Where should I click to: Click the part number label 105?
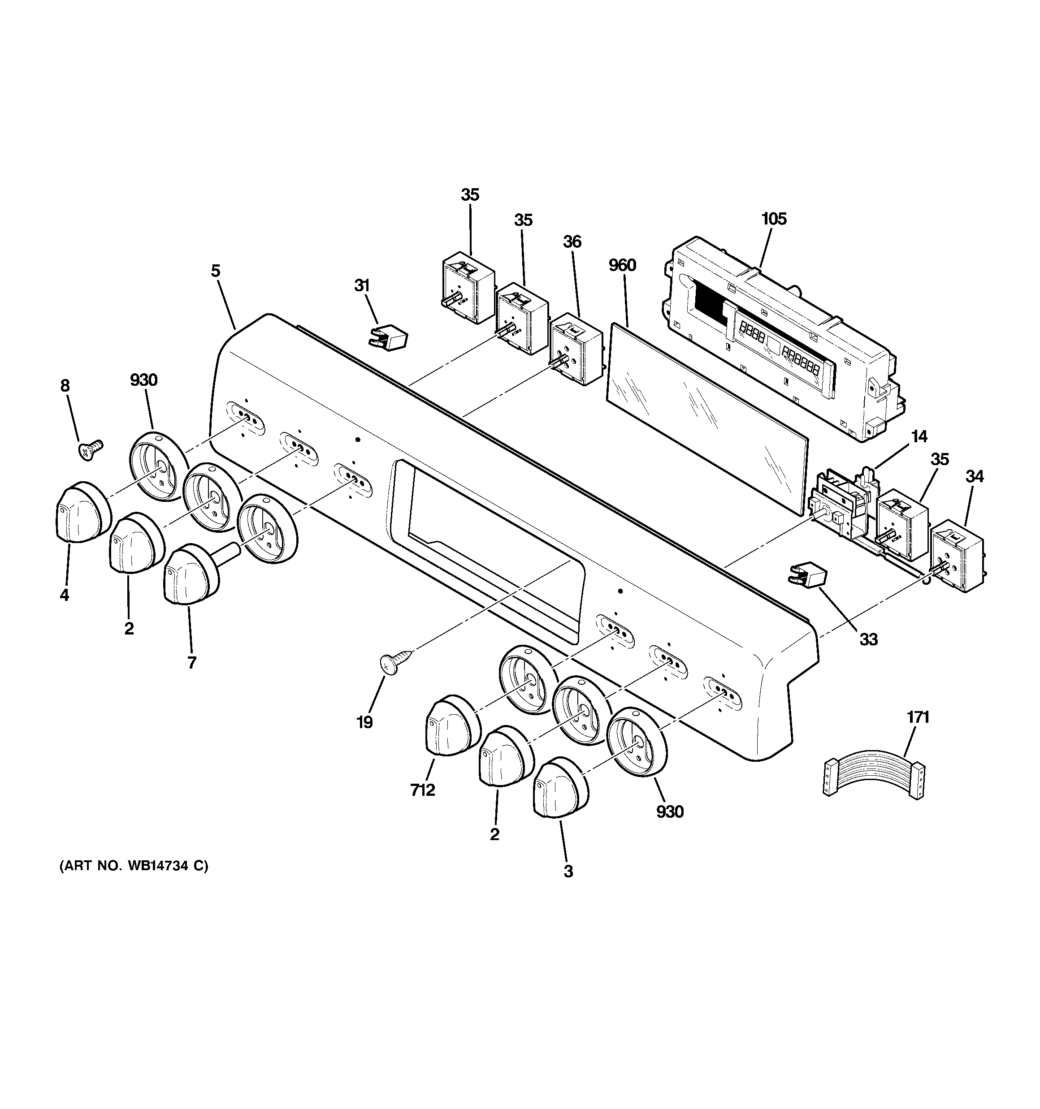[x=774, y=219]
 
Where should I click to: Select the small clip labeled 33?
[x=808, y=574]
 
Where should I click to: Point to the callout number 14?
[x=919, y=437]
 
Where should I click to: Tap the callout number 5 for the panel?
[x=216, y=271]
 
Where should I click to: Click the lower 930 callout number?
[x=669, y=811]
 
